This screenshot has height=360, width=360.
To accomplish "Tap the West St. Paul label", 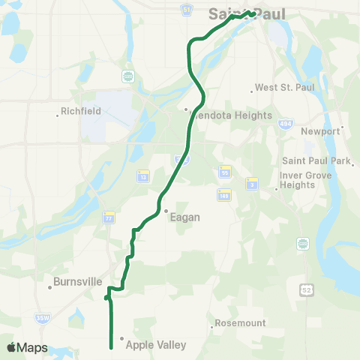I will click(284, 88).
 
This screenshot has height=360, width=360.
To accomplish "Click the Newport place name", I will click(320, 131).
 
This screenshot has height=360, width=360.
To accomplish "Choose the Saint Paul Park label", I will click(315, 160).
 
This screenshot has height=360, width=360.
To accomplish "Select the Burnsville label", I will click(78, 284).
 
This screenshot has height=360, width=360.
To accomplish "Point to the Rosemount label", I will click(240, 323).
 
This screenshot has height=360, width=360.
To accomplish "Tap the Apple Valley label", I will click(155, 345).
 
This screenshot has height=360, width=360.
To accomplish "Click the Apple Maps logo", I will click(27, 347).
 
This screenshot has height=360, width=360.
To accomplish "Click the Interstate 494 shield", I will click(284, 122).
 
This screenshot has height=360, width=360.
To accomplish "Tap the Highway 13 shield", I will click(143, 175).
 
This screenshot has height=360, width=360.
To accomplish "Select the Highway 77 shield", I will click(109, 216).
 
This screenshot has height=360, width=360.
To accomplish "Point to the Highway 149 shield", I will click(223, 194).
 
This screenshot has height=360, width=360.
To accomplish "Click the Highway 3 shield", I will click(253, 182).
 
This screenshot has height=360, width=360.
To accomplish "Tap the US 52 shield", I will click(305, 289).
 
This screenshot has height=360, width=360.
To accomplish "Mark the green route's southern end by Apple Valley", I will click(111, 347).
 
